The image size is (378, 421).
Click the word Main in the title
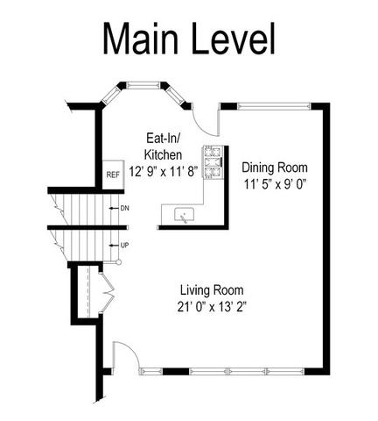tap(140, 39)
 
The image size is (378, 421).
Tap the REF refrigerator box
tap(114, 175)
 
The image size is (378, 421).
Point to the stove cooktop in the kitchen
tap(213, 162)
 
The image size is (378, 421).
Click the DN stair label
tap(124, 208)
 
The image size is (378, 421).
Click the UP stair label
tap(124, 246)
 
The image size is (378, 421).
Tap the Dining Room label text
tap(275, 168)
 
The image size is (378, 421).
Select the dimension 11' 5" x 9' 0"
tap(275, 184)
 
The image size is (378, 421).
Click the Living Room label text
tap(212, 290)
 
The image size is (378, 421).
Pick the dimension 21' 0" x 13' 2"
tap(212, 307)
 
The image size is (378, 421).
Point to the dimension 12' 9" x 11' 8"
tap(164, 172)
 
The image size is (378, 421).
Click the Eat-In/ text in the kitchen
tap(164, 138)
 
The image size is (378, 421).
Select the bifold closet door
tap(107, 293)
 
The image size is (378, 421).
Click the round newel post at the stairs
tap(119, 262)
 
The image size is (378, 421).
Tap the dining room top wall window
tap(274, 106)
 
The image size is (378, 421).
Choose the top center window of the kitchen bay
tap(143, 85)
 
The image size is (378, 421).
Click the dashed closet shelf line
tap(87, 291)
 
